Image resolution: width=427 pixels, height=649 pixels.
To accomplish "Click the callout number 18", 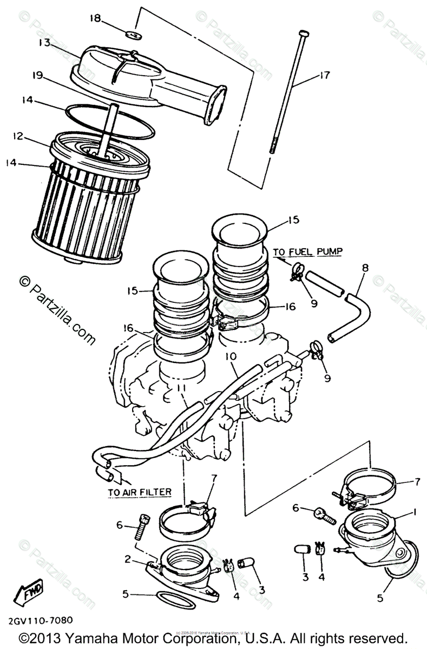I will (95, 18).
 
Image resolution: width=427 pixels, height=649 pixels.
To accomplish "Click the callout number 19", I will (37, 76).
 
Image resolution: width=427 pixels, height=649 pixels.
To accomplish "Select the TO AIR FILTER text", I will (140, 492).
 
